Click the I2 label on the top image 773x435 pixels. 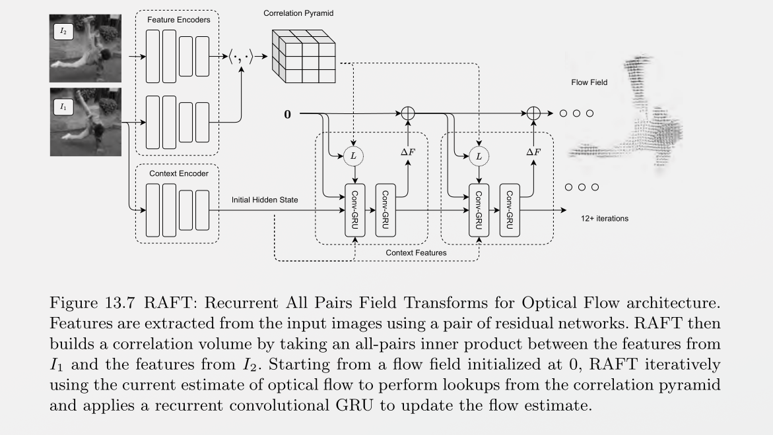click(63, 30)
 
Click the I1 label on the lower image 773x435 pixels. click(63, 105)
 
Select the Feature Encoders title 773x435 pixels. click(178, 20)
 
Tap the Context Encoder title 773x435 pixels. click(178, 173)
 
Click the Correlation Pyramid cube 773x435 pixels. click(304, 56)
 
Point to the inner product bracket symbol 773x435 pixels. click(241, 57)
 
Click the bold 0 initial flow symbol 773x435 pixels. click(287, 115)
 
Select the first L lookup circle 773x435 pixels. click(354, 156)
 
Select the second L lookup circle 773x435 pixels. click(479, 156)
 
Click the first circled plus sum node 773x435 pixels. click(408, 113)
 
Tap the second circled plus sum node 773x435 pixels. click(533, 113)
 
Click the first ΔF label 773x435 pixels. click(408, 152)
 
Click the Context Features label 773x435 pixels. click(416, 252)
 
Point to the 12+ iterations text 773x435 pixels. click(604, 218)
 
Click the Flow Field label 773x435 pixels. click(589, 82)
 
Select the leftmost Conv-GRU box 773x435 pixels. click(355, 211)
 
